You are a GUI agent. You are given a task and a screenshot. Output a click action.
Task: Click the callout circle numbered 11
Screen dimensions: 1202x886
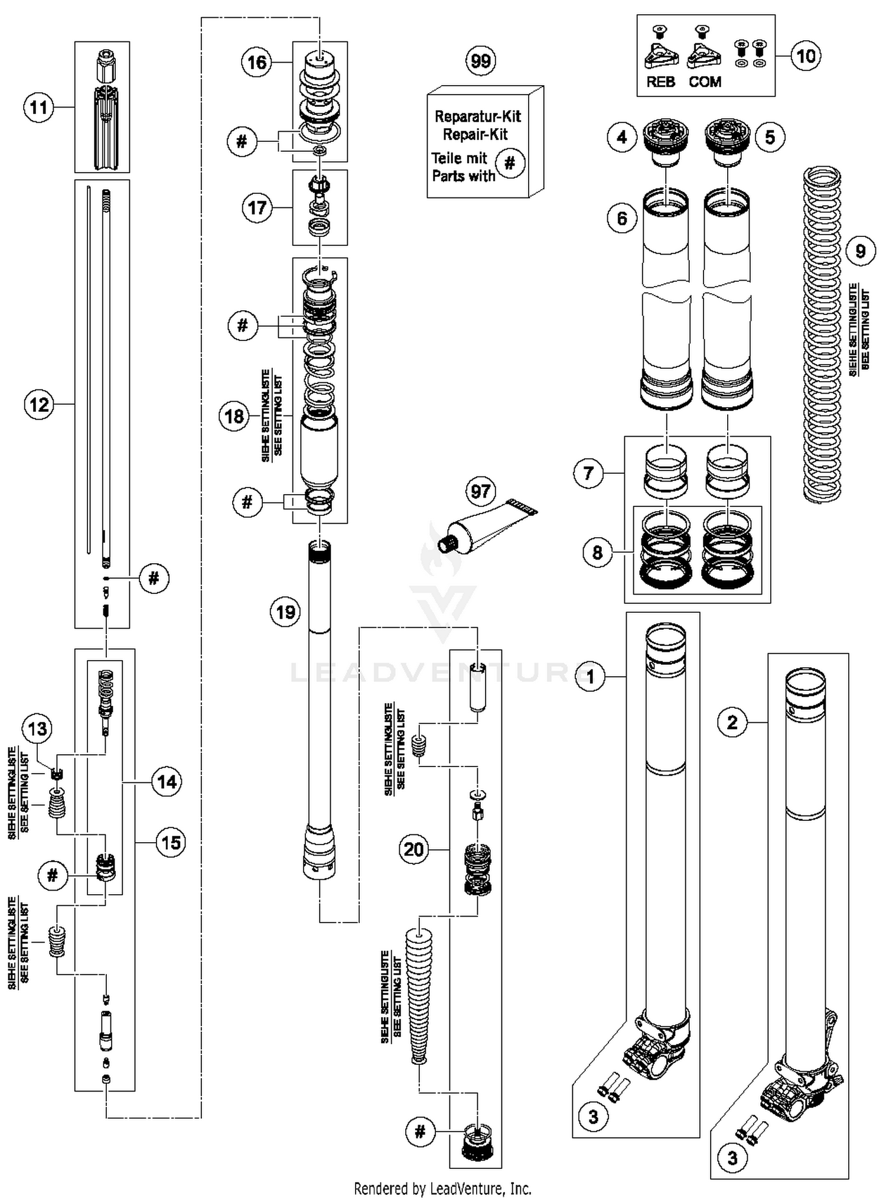(38, 108)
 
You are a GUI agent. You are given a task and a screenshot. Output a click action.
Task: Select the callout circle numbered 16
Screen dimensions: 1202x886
(257, 62)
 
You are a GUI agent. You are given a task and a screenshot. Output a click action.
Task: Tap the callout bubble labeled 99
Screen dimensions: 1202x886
(480, 60)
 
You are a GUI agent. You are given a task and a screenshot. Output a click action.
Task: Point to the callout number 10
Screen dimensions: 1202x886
(806, 56)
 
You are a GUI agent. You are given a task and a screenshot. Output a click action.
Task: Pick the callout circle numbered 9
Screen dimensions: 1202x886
(860, 251)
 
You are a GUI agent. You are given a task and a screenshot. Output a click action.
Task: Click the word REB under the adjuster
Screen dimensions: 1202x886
(660, 82)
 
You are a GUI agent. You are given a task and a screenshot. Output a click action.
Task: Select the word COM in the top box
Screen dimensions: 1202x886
(705, 82)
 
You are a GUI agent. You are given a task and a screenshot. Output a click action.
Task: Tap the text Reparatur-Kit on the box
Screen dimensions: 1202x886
(477, 116)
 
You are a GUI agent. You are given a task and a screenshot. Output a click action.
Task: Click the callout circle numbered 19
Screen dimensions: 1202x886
(286, 612)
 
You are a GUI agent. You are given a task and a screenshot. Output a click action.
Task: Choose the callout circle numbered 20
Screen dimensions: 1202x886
(413, 850)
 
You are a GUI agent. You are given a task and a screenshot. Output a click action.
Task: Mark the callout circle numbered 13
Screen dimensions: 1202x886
(37, 729)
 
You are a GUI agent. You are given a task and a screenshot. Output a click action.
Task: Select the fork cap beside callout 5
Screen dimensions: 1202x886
(728, 141)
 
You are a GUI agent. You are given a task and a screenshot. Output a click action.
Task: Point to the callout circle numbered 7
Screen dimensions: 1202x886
(588, 473)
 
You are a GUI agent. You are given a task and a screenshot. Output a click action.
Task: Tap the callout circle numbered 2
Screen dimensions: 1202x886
(732, 722)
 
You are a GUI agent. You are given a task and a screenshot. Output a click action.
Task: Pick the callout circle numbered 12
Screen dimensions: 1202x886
(39, 405)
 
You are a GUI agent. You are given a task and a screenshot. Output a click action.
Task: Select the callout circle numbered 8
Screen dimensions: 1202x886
(597, 552)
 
